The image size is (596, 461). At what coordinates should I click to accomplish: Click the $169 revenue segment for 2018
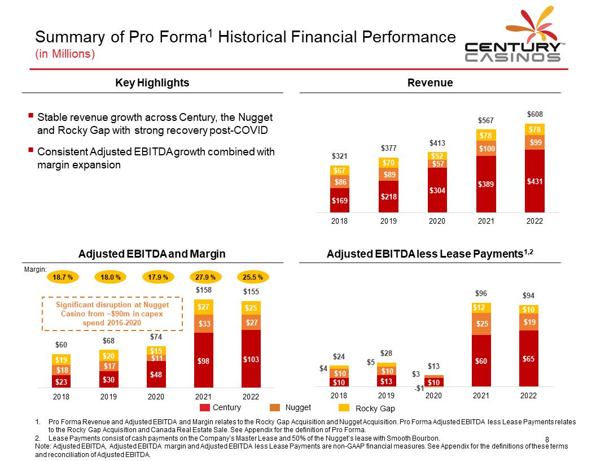pyautogui.click(x=339, y=199)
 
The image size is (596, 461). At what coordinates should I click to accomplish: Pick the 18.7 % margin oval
pyautogui.click(x=62, y=277)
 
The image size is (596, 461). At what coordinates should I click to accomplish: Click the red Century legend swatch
pyautogui.click(x=204, y=408)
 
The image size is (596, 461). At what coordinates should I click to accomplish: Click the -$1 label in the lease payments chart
pyautogui.click(x=419, y=388)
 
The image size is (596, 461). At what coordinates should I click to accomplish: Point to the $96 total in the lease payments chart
pyautogui.click(x=481, y=293)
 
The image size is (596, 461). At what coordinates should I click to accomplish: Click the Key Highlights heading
pyautogui.click(x=152, y=83)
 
